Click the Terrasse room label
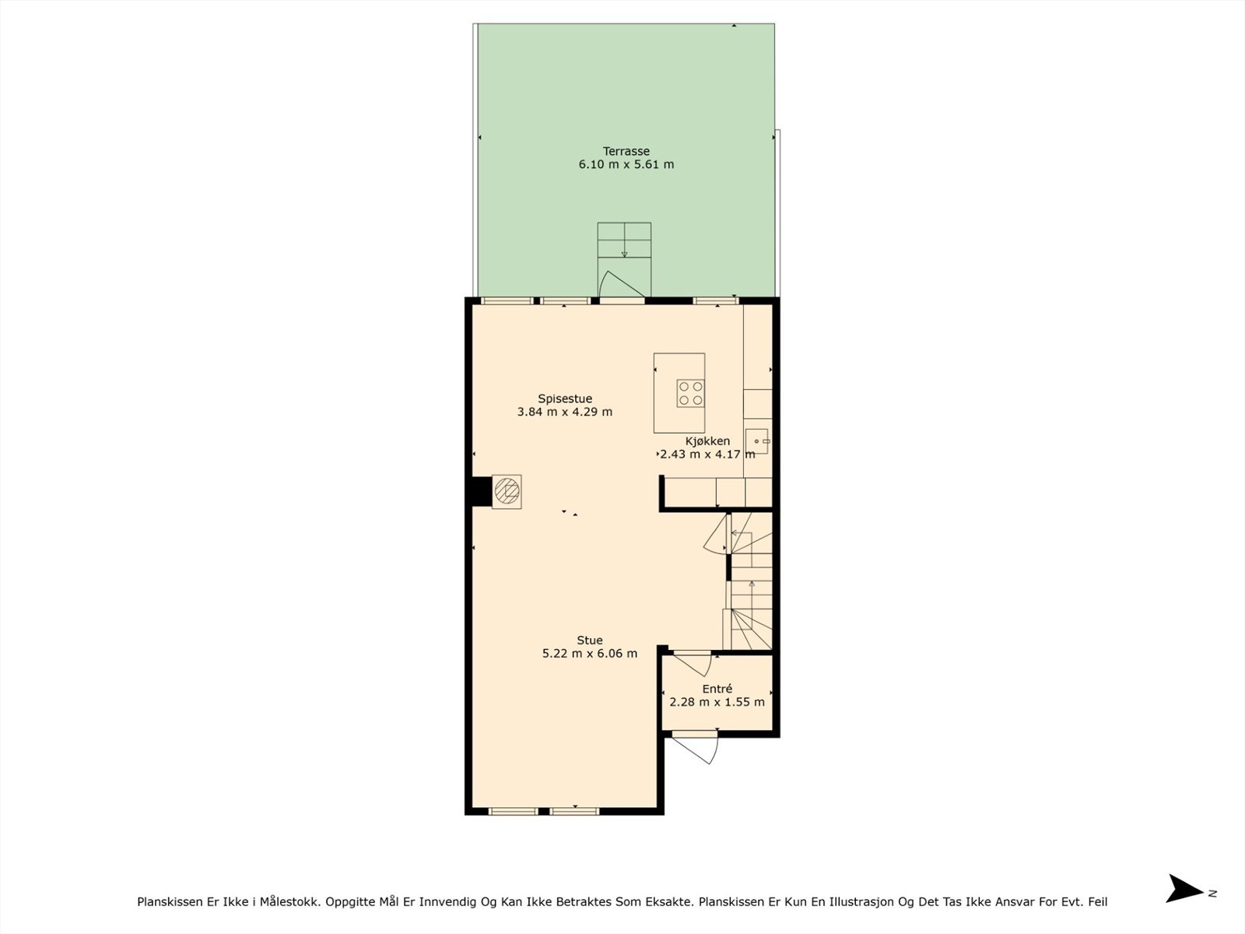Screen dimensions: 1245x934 (626, 152)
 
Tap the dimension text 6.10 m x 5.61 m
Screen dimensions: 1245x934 (626, 164)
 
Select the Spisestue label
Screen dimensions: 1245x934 (565, 399)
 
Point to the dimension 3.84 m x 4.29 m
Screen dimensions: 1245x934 (565, 413)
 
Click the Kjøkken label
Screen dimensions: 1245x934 (707, 441)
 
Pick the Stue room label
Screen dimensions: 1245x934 (589, 641)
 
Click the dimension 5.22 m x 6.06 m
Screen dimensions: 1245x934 (589, 654)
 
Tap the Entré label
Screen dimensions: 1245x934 (717, 689)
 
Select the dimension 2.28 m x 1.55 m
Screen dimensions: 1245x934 (717, 702)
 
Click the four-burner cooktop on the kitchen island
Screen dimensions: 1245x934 (691, 394)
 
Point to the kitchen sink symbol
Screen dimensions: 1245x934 (758, 441)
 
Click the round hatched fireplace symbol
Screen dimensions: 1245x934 (507, 492)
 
